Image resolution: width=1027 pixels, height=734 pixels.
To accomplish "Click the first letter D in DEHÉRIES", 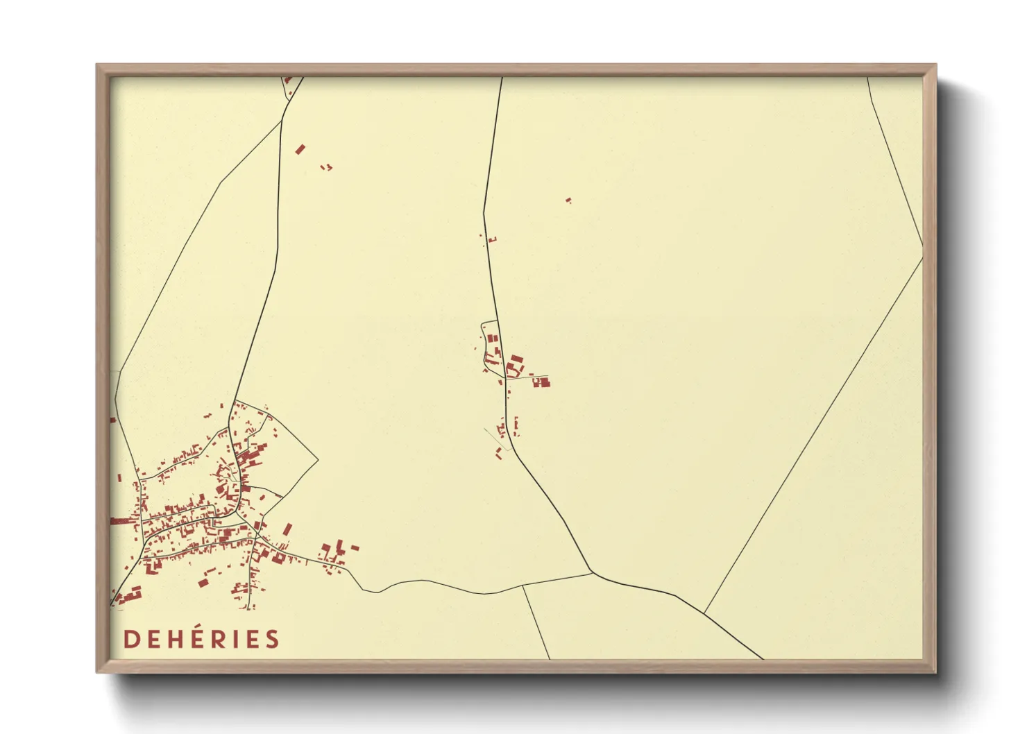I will [x=130, y=639].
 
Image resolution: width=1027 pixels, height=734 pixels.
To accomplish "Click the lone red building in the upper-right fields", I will [x=568, y=200].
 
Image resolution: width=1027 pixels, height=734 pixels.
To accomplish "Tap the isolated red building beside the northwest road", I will [x=300, y=149].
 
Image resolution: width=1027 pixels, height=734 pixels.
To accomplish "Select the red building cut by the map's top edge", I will [x=288, y=80].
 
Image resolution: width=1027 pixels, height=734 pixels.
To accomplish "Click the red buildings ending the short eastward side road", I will [x=541, y=382].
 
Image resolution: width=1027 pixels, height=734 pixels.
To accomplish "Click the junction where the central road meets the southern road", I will [x=591, y=572].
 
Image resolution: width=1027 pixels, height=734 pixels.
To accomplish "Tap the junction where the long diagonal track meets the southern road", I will [x=704, y=613].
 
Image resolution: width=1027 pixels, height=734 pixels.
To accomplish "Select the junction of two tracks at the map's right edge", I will [x=922, y=246].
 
